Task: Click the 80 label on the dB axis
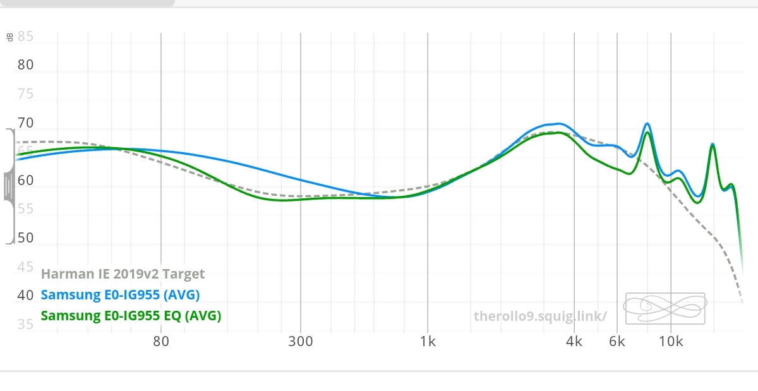pos(26,65)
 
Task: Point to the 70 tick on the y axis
pos(26,123)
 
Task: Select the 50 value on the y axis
pos(26,238)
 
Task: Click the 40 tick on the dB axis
pos(26,295)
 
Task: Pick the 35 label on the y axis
pos(26,325)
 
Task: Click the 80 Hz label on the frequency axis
pos(161,342)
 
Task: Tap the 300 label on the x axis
pos(301,342)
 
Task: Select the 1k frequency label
pos(428,342)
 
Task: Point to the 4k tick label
pos(574,342)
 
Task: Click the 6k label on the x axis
pos(617,342)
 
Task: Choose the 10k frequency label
pos(671,342)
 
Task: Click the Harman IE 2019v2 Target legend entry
pos(123,274)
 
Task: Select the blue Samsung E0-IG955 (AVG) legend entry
pos(120,294)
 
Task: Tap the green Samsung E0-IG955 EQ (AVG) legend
pos(131,315)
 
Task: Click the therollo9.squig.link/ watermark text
pos(540,316)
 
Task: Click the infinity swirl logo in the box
pos(665,308)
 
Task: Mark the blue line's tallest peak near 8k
pos(647,124)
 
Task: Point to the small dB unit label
pos(9,37)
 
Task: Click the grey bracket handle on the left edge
pos(9,186)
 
